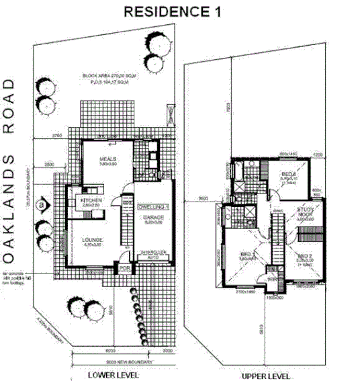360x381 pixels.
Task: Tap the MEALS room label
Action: tap(109, 159)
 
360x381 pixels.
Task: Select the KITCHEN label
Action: tap(91, 200)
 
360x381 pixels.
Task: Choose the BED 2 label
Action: tap(304, 256)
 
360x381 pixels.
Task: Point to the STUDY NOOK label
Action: tap(305, 212)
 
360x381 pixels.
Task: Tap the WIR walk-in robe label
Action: tap(272, 278)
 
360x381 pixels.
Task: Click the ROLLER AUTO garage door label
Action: tap(150, 255)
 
